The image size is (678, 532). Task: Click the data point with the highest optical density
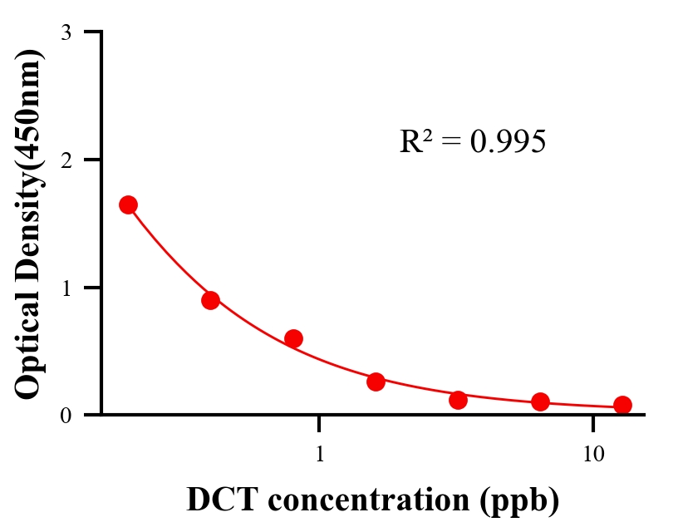point(128,204)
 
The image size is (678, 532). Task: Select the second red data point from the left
point(210,300)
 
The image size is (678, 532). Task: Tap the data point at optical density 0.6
point(293,338)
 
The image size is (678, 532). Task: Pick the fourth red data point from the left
point(376,382)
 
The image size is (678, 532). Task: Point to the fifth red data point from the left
point(458,400)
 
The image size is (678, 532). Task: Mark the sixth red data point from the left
point(540,402)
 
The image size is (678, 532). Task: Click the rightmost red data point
point(622,405)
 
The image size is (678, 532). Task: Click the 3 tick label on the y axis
point(66,32)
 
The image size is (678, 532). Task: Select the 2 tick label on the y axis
point(66,160)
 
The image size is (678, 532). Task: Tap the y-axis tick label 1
point(66,288)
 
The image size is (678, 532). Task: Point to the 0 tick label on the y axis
point(66,415)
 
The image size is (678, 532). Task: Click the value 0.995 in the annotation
point(508,142)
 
